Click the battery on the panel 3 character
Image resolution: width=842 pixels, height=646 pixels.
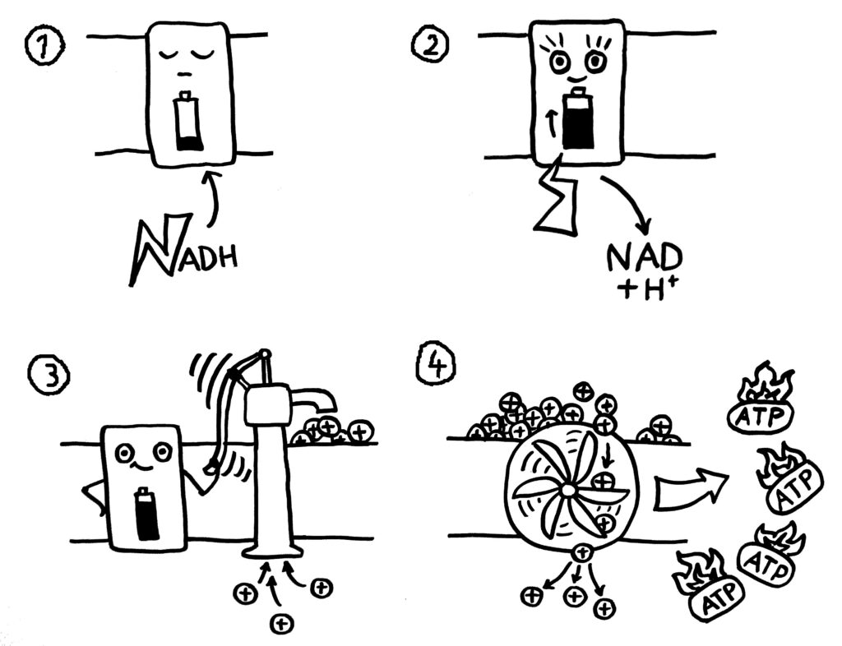point(146,515)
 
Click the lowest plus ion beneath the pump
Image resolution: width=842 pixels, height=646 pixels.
point(281,622)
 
